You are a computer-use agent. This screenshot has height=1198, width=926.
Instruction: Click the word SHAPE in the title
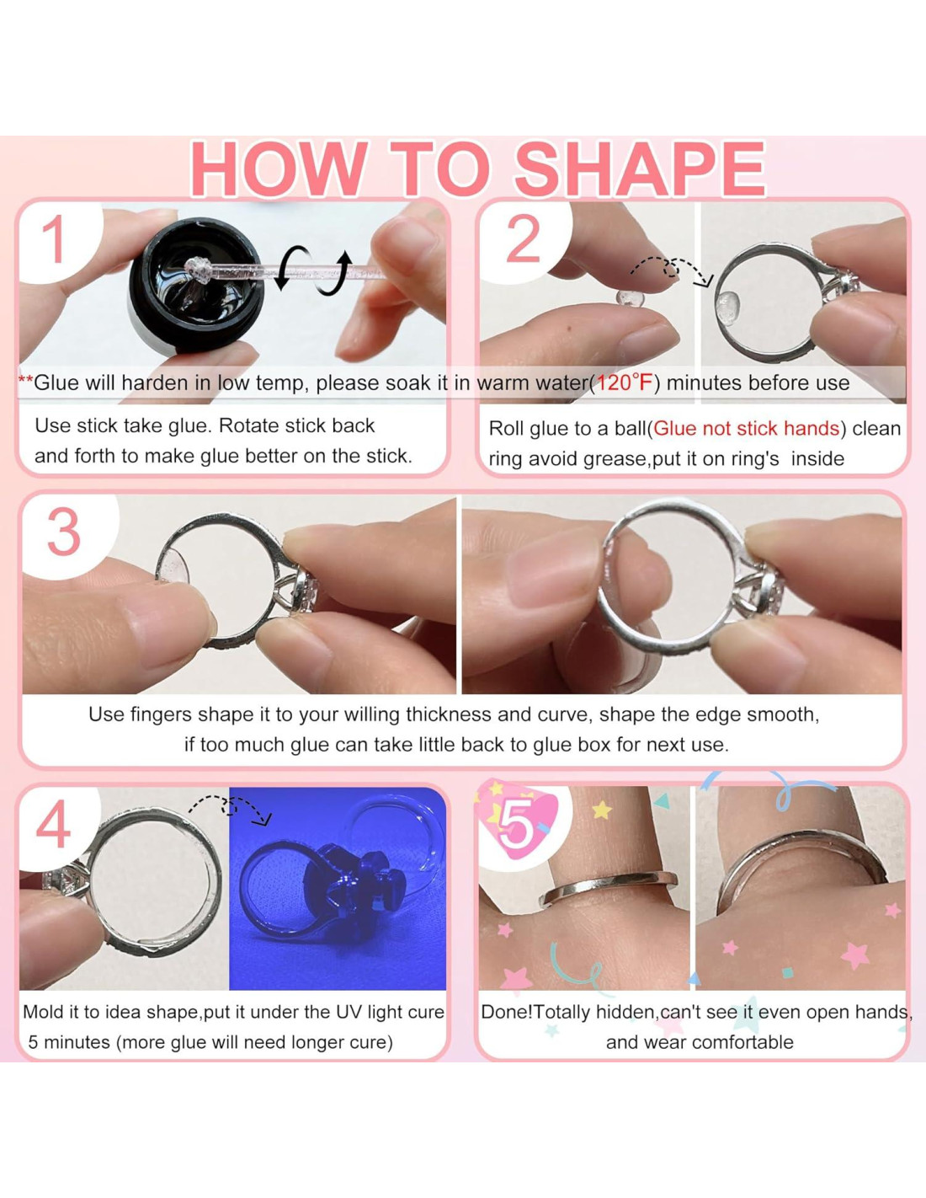tap(640, 169)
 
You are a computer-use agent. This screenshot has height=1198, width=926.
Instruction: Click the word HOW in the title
tap(279, 169)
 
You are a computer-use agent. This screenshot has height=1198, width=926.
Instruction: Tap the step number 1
tap(54, 240)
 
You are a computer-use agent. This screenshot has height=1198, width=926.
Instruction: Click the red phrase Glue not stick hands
tap(746, 428)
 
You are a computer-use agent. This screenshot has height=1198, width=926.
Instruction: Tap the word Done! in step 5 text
tap(507, 1012)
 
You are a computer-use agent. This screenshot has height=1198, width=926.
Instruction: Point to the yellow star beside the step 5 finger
tap(602, 810)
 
